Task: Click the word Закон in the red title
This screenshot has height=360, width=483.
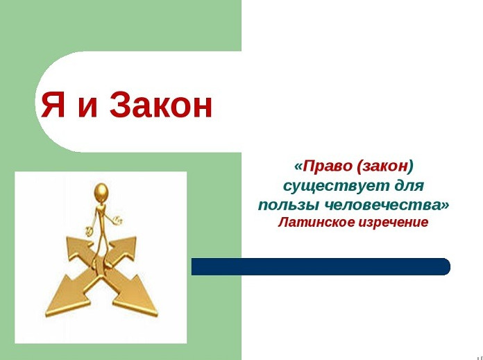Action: pyautogui.click(x=161, y=105)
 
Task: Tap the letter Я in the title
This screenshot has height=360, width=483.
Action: pyautogui.click(x=53, y=105)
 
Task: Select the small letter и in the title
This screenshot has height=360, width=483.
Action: pyautogui.click(x=87, y=108)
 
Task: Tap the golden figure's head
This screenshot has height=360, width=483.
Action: pyautogui.click(x=101, y=192)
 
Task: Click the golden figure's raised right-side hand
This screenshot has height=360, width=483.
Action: pyautogui.click(x=118, y=221)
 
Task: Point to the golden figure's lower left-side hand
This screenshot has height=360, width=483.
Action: pyautogui.click(x=90, y=230)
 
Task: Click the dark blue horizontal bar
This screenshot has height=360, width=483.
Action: pyautogui.click(x=321, y=266)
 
